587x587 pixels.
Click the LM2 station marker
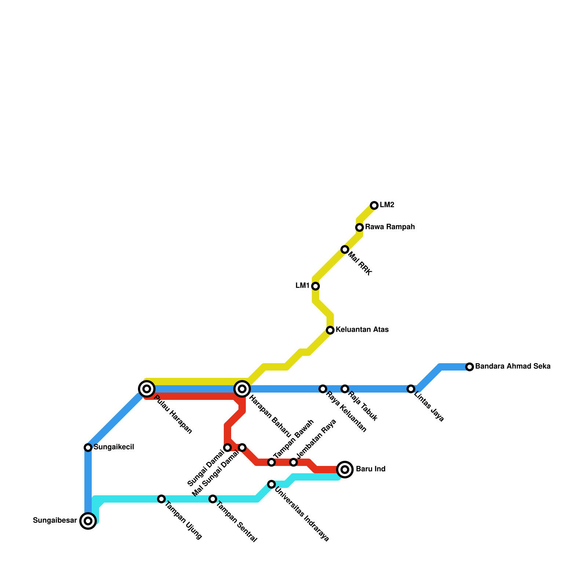point(374,205)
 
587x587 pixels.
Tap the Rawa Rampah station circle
point(360,227)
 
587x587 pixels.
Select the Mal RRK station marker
point(345,249)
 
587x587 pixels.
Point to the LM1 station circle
point(316,286)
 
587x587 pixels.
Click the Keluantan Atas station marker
point(330,330)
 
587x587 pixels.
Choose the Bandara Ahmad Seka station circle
point(470,367)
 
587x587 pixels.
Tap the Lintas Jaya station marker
point(411,389)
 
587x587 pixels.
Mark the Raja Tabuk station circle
point(345,389)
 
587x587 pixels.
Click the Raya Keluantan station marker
point(323,389)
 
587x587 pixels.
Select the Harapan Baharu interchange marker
point(242,389)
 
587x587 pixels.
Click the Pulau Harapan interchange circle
point(147,389)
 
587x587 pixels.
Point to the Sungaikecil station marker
point(88,448)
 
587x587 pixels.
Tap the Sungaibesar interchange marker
point(88,521)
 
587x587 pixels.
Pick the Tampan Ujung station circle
point(161,499)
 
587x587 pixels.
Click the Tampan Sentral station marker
point(213,499)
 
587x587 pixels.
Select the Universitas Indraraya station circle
point(271,484)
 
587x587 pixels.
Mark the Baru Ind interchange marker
point(345,470)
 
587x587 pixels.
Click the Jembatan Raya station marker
point(293,462)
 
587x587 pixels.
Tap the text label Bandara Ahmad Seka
point(513,367)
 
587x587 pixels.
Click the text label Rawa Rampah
point(390,227)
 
